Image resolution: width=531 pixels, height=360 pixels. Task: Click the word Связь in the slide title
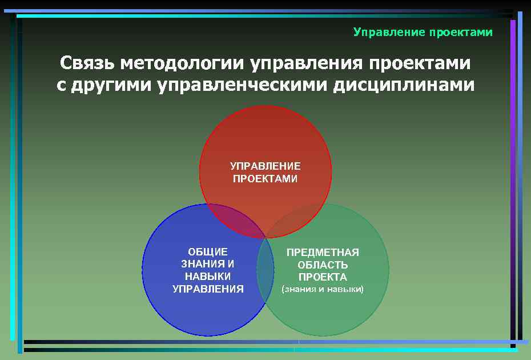pos(87,62)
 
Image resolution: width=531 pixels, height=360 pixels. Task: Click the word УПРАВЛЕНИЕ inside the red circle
pos(265,166)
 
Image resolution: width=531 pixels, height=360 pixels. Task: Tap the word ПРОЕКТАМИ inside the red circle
pos(265,179)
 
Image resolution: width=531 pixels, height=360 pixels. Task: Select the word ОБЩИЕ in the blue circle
pos(208,251)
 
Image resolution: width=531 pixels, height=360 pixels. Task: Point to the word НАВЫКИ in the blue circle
pos(208,277)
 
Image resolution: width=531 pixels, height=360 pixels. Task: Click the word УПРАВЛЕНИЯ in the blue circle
pos(208,289)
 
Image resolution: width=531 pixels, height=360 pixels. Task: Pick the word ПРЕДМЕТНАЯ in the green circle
pos(323,252)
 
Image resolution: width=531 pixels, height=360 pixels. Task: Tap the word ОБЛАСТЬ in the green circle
pos(323,265)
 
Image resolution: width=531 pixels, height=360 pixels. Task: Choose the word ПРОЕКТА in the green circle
pos(323,277)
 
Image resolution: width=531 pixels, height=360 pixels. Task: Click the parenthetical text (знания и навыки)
pos(323,290)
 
